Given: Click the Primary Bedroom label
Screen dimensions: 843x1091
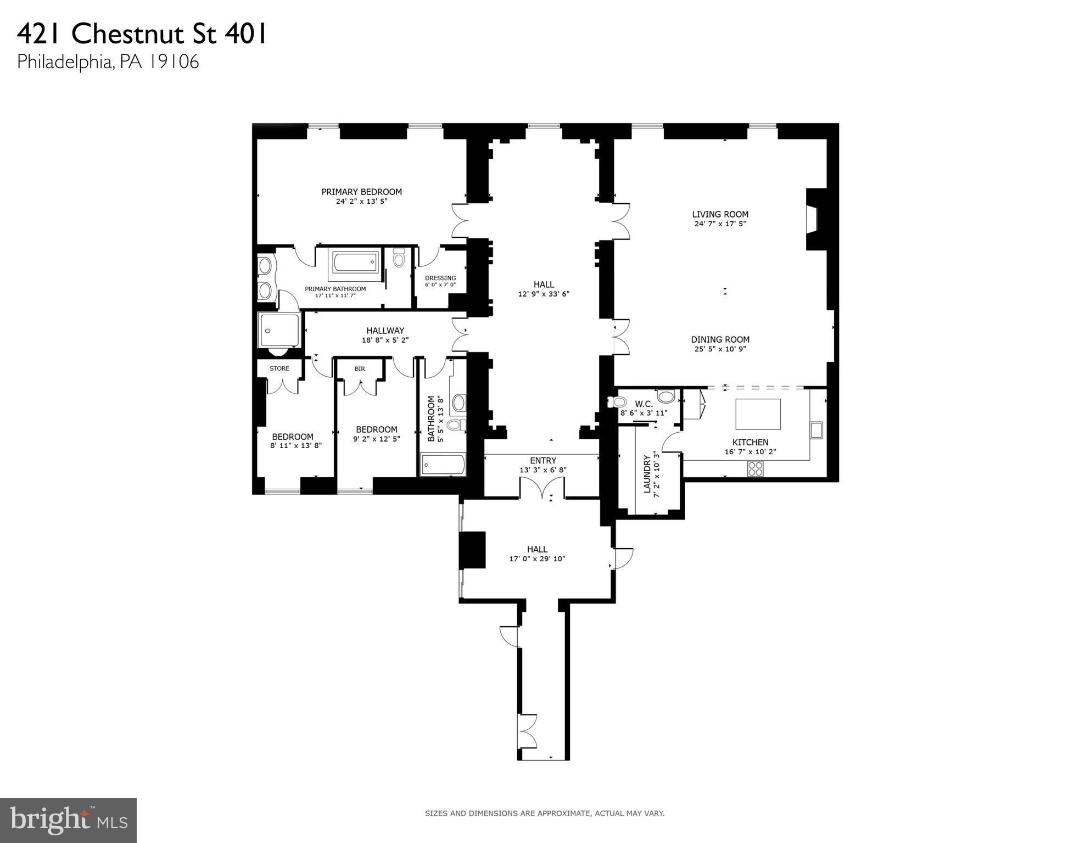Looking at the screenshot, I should pyautogui.click(x=361, y=192).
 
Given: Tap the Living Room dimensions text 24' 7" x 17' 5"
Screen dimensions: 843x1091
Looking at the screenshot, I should pyautogui.click(x=720, y=224).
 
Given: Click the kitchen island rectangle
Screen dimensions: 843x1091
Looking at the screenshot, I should pyautogui.click(x=758, y=414).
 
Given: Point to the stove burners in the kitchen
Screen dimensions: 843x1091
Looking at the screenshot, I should pyautogui.click(x=755, y=468).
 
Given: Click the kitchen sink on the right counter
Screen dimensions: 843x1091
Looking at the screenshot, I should pyautogui.click(x=816, y=430).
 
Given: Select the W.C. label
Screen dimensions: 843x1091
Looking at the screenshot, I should pyautogui.click(x=644, y=404).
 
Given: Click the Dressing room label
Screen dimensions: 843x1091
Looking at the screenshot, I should pyautogui.click(x=440, y=278).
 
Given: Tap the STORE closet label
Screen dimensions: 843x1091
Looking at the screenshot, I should pyautogui.click(x=279, y=369).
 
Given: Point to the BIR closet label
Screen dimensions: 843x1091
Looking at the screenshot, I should pyautogui.click(x=360, y=369).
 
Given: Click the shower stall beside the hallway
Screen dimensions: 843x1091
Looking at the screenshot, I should pyautogui.click(x=279, y=330).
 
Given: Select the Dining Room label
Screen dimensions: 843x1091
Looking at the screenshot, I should pyautogui.click(x=720, y=339).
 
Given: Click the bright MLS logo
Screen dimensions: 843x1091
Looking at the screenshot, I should pyautogui.click(x=68, y=820).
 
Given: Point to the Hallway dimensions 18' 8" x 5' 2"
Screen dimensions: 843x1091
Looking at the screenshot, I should pyautogui.click(x=385, y=340).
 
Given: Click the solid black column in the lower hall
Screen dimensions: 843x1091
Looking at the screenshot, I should pyautogui.click(x=473, y=549).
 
